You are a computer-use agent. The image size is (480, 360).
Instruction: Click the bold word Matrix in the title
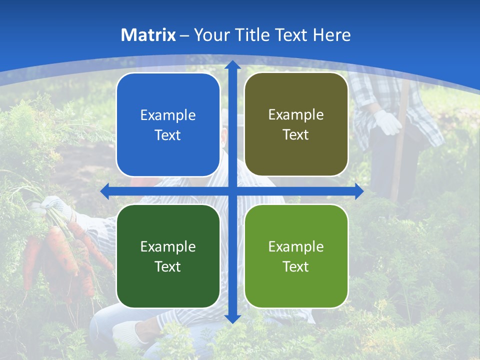[x=148, y=35]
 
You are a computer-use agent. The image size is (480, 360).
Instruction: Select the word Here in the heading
[x=331, y=35]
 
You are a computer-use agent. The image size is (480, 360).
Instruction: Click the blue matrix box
[x=168, y=125]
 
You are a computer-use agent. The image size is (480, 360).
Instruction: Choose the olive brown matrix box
[x=296, y=124]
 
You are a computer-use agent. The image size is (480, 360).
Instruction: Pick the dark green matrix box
[x=168, y=256]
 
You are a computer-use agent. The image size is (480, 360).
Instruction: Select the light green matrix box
[x=296, y=256]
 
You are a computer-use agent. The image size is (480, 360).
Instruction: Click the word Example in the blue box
[x=168, y=115]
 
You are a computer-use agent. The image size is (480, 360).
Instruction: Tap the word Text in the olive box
[x=296, y=135]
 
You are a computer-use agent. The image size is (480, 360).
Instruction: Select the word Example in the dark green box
[x=168, y=246]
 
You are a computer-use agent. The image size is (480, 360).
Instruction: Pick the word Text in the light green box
[x=296, y=266]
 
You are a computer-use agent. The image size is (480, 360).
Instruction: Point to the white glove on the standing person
[x=387, y=122]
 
